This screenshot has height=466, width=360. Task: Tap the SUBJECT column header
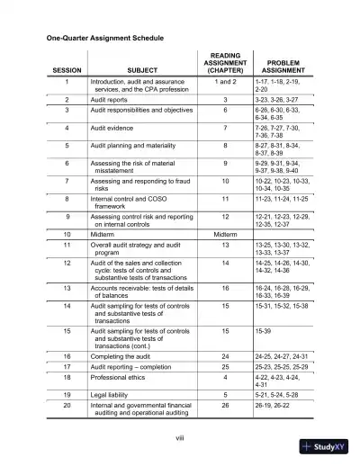click(x=141, y=69)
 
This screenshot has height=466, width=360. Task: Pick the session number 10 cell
click(x=69, y=232)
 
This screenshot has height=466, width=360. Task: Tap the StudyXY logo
click(x=328, y=447)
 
